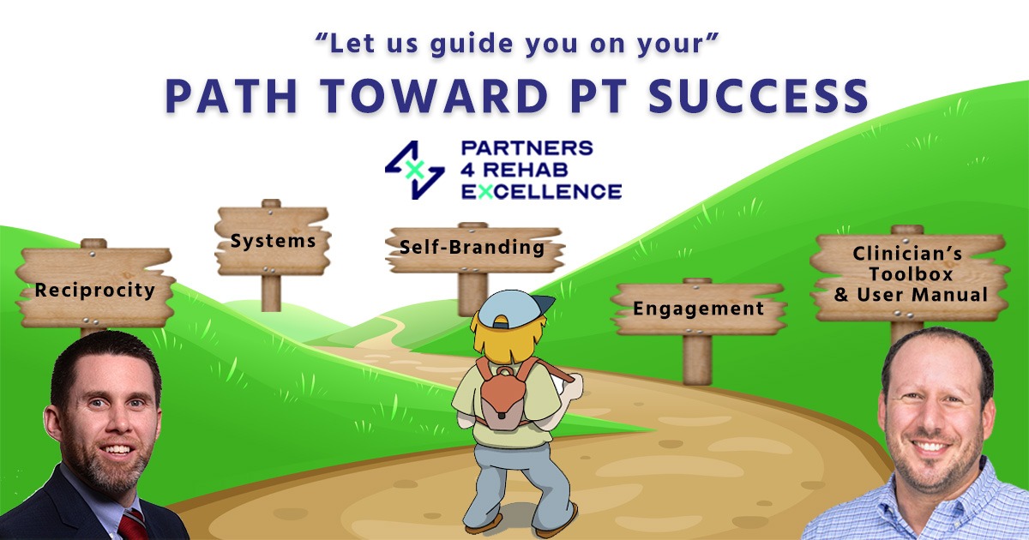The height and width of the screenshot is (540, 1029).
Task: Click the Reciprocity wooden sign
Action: tap(94, 288)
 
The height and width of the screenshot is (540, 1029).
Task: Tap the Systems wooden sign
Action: tap(272, 241)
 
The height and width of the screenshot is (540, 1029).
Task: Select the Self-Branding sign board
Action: tap(472, 248)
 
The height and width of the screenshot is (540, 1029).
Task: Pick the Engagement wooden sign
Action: tap(698, 308)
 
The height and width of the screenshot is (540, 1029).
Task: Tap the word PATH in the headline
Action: tap(221, 97)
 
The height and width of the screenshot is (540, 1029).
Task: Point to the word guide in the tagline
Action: tap(448, 42)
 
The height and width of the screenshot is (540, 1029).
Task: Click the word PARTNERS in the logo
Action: tap(527, 147)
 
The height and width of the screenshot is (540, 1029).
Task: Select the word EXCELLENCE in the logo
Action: tap(540, 190)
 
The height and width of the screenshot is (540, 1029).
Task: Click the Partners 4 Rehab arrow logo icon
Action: tap(414, 170)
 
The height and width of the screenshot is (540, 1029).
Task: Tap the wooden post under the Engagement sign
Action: tap(697, 358)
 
